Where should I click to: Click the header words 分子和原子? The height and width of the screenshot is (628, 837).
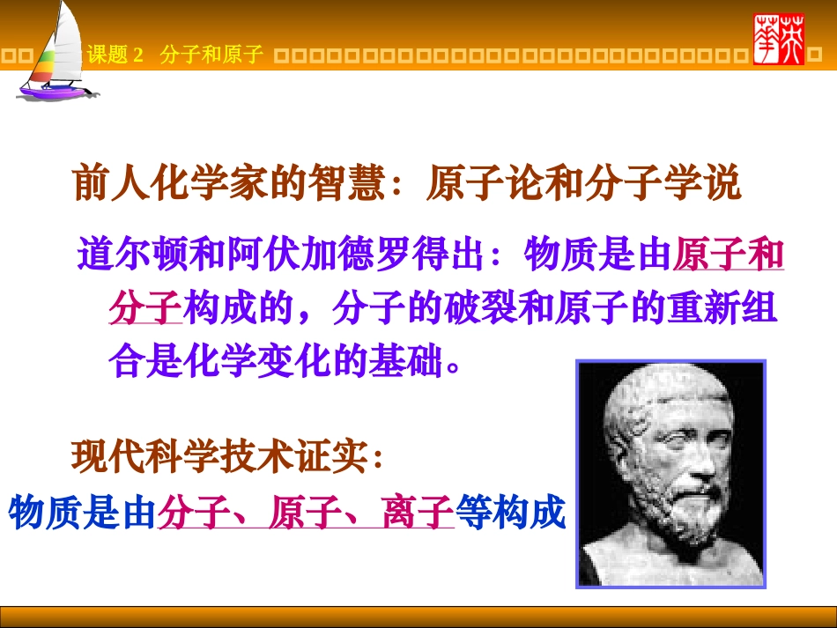coord(211,55)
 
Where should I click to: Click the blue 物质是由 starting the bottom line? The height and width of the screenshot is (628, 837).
coord(82,513)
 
